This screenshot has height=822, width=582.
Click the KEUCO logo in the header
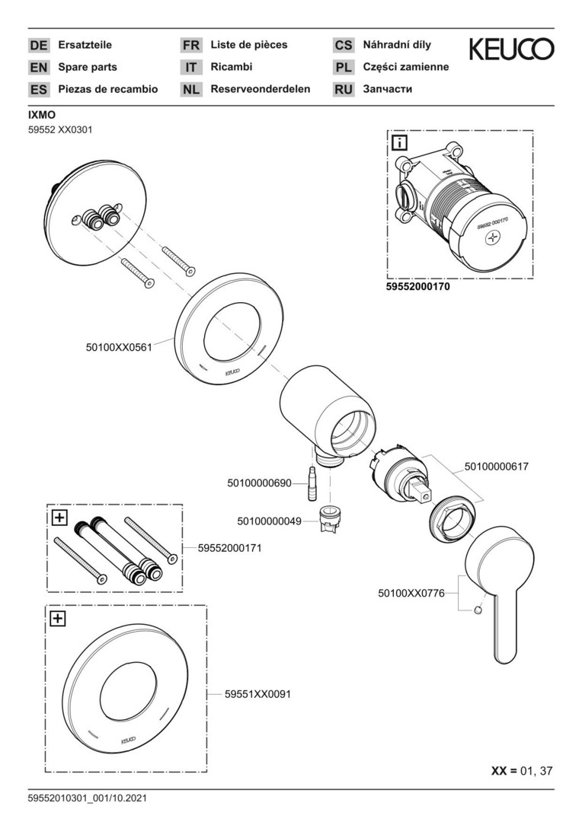[x=511, y=50]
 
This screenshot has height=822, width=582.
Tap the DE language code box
[x=38, y=46]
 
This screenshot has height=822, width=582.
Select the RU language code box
[x=344, y=90]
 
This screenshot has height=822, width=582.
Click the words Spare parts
[x=88, y=67]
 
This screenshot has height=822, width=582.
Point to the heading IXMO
[x=41, y=115]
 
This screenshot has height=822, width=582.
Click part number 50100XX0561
[x=120, y=347]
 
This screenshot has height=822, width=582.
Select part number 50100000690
[x=260, y=483]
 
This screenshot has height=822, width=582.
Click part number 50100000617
[x=496, y=467]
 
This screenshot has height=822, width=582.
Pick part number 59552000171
[x=230, y=547]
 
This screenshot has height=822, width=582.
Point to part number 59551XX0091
[x=257, y=694]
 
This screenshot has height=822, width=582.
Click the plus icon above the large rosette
[x=57, y=619]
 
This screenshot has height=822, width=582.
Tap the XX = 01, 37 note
[x=522, y=770]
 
